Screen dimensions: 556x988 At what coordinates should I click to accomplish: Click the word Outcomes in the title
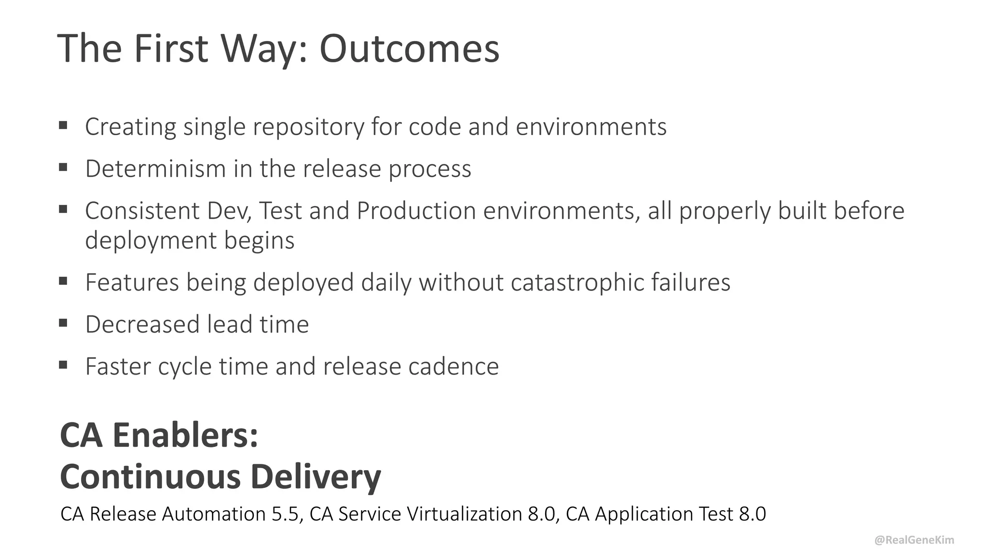pyautogui.click(x=409, y=48)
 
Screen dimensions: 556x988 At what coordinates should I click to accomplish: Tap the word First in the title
pyautogui.click(x=171, y=48)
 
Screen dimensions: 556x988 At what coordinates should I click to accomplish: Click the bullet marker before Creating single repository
pyautogui.click(x=63, y=125)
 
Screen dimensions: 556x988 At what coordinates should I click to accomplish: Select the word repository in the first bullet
pyautogui.click(x=308, y=127)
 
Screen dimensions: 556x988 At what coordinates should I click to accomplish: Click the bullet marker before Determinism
pyautogui.click(x=63, y=167)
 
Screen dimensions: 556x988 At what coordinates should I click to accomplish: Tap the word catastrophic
pyautogui.click(x=577, y=282)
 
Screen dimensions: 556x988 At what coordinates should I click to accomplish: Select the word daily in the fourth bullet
pyautogui.click(x=386, y=282)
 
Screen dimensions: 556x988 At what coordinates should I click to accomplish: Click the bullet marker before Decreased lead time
pyautogui.click(x=63, y=323)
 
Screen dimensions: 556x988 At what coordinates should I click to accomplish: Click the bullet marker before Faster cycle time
pyautogui.click(x=63, y=365)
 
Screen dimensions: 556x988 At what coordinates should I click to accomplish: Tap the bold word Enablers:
pyautogui.click(x=185, y=435)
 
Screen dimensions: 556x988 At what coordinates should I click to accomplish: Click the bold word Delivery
pyautogui.click(x=316, y=477)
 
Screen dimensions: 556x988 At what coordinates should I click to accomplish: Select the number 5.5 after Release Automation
pyautogui.click(x=288, y=514)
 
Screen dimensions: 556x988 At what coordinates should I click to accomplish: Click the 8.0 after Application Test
pyautogui.click(x=752, y=514)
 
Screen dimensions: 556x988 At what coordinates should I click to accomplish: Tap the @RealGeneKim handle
pyautogui.click(x=914, y=540)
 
